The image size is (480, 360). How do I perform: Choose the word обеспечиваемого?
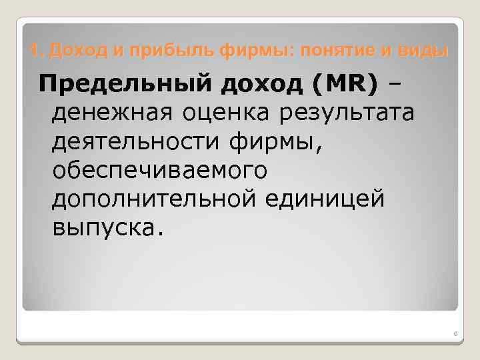[x=159, y=171]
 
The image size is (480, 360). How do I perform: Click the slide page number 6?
[x=452, y=334]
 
